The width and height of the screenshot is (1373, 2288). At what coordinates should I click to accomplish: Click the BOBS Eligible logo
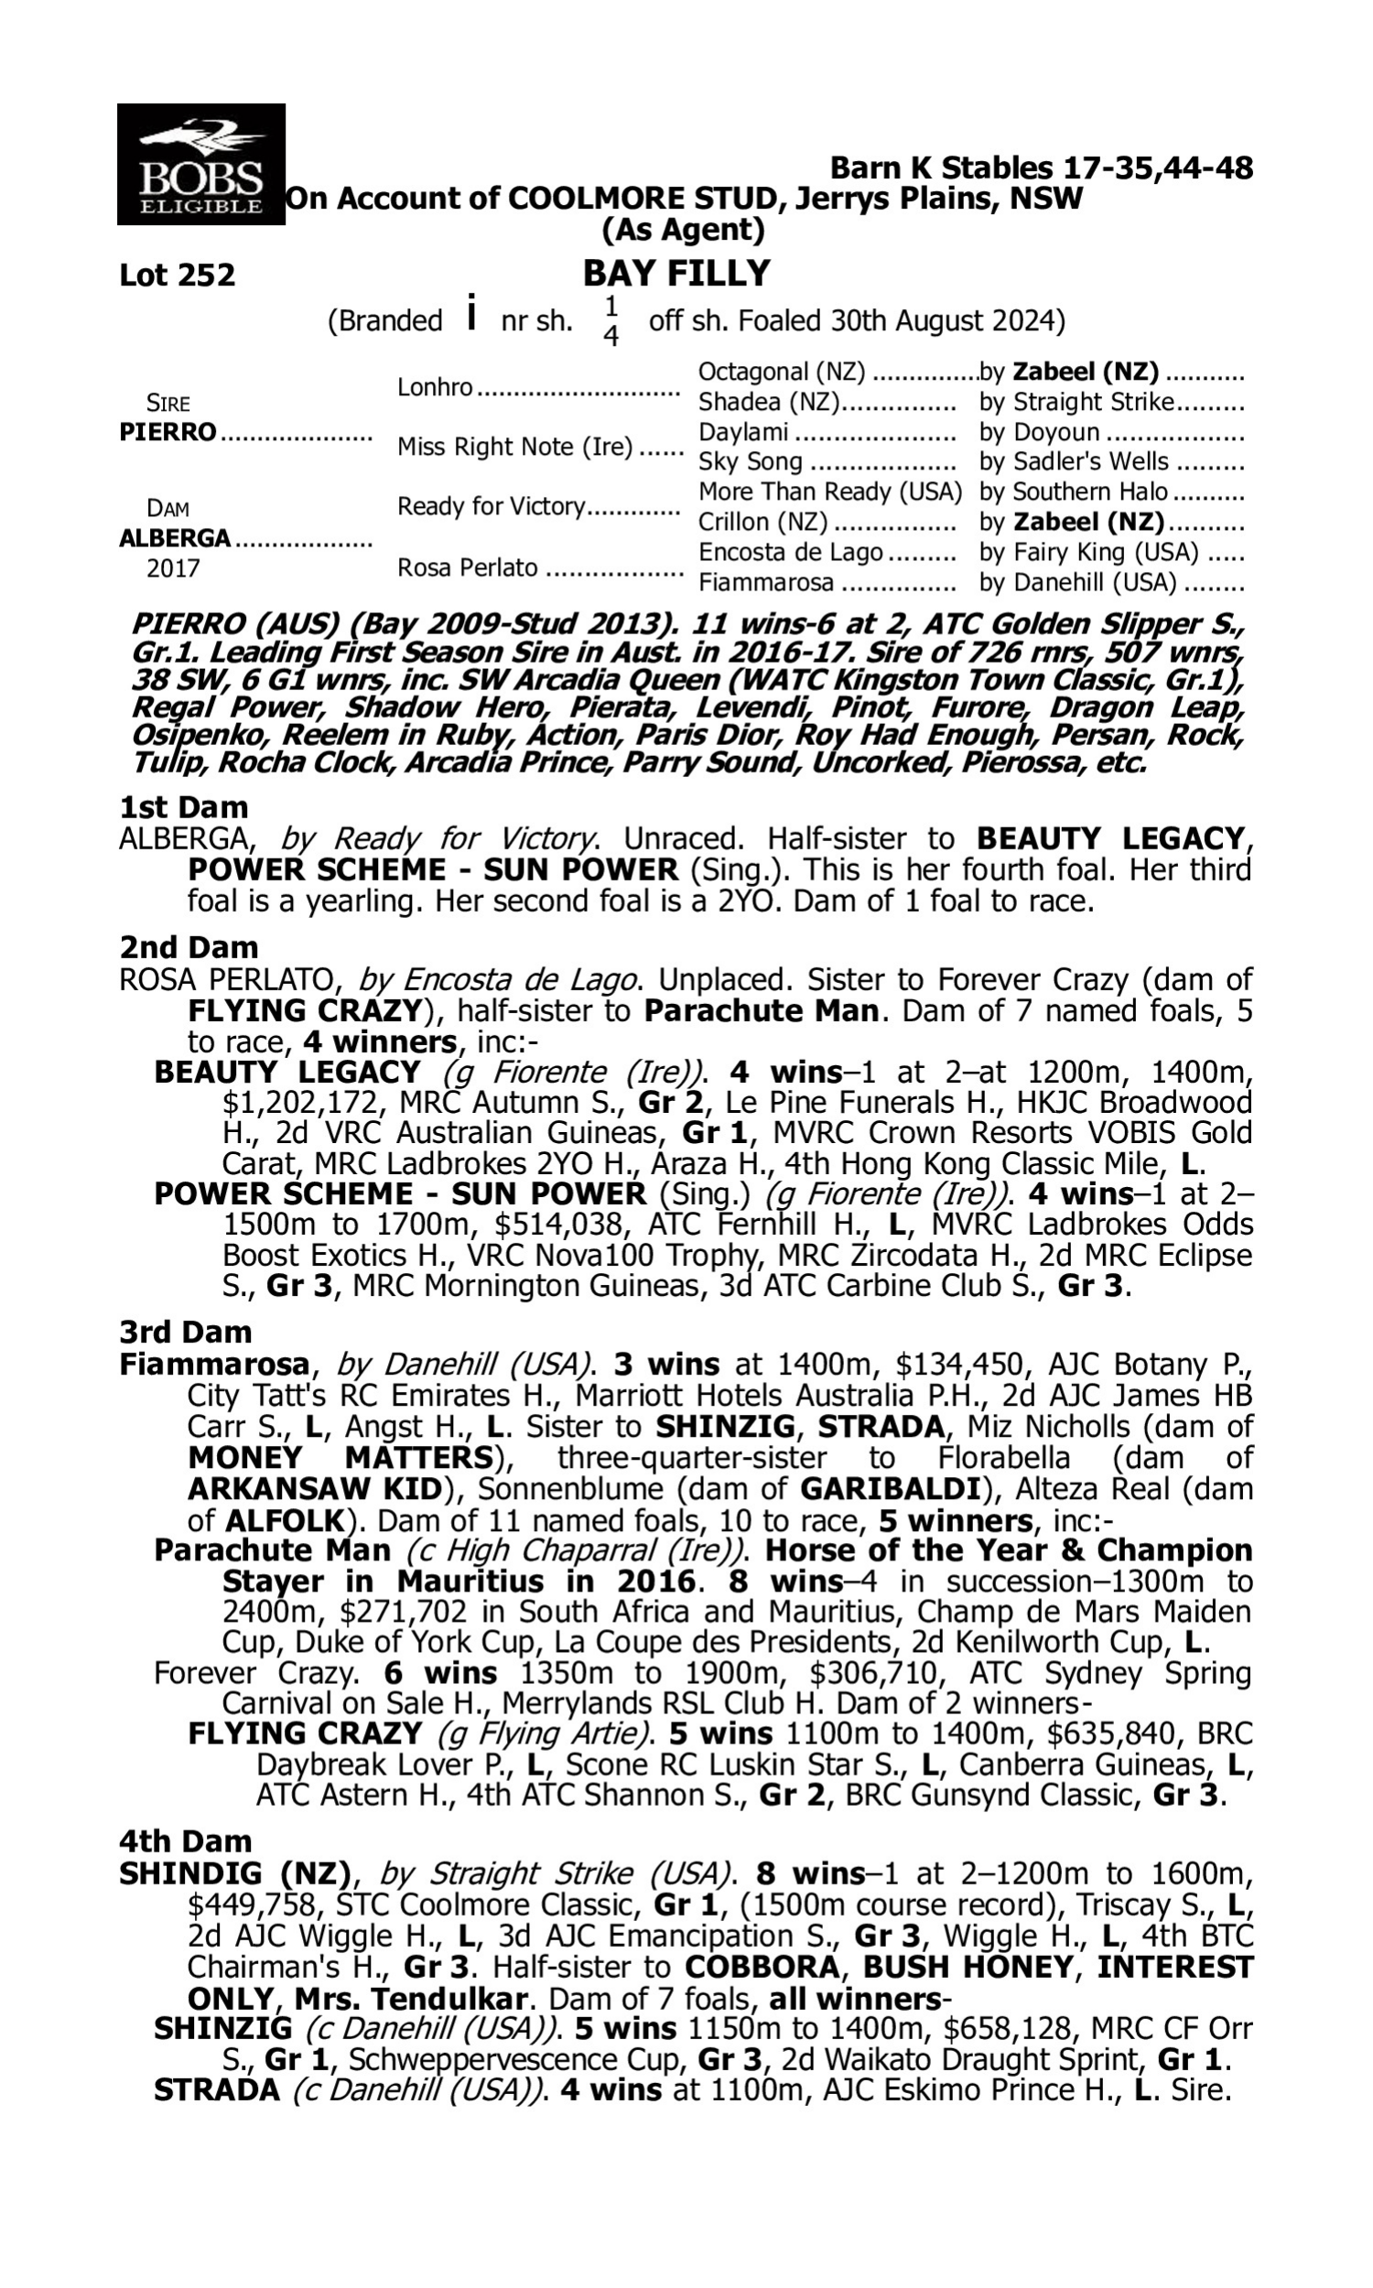point(200,164)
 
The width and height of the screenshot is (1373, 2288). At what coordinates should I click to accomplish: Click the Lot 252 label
point(177,275)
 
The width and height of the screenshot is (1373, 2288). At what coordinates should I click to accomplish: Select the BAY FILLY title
point(676,274)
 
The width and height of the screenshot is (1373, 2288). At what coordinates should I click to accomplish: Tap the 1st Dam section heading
point(183,807)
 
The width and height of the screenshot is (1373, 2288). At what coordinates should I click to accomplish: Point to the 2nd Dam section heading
point(188,947)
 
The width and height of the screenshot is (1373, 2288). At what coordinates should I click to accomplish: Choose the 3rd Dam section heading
point(185,1333)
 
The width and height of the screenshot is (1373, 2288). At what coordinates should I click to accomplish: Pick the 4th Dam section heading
point(185,1841)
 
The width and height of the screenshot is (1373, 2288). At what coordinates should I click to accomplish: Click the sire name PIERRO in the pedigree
point(168,433)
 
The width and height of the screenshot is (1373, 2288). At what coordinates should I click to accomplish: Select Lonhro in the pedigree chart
point(435,386)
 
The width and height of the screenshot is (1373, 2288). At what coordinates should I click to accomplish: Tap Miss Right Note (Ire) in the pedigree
point(514,447)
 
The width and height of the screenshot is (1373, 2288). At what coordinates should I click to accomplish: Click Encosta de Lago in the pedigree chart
point(791,552)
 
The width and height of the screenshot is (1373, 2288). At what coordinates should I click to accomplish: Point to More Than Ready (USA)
point(830,491)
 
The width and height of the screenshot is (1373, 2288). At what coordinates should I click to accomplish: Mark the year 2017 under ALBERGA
point(173,568)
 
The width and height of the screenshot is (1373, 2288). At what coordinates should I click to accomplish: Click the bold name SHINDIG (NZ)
point(235,1873)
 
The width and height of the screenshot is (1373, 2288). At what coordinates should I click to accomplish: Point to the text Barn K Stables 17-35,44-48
point(1041,168)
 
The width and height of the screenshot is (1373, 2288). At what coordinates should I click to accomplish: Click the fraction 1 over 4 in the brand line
point(611,321)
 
